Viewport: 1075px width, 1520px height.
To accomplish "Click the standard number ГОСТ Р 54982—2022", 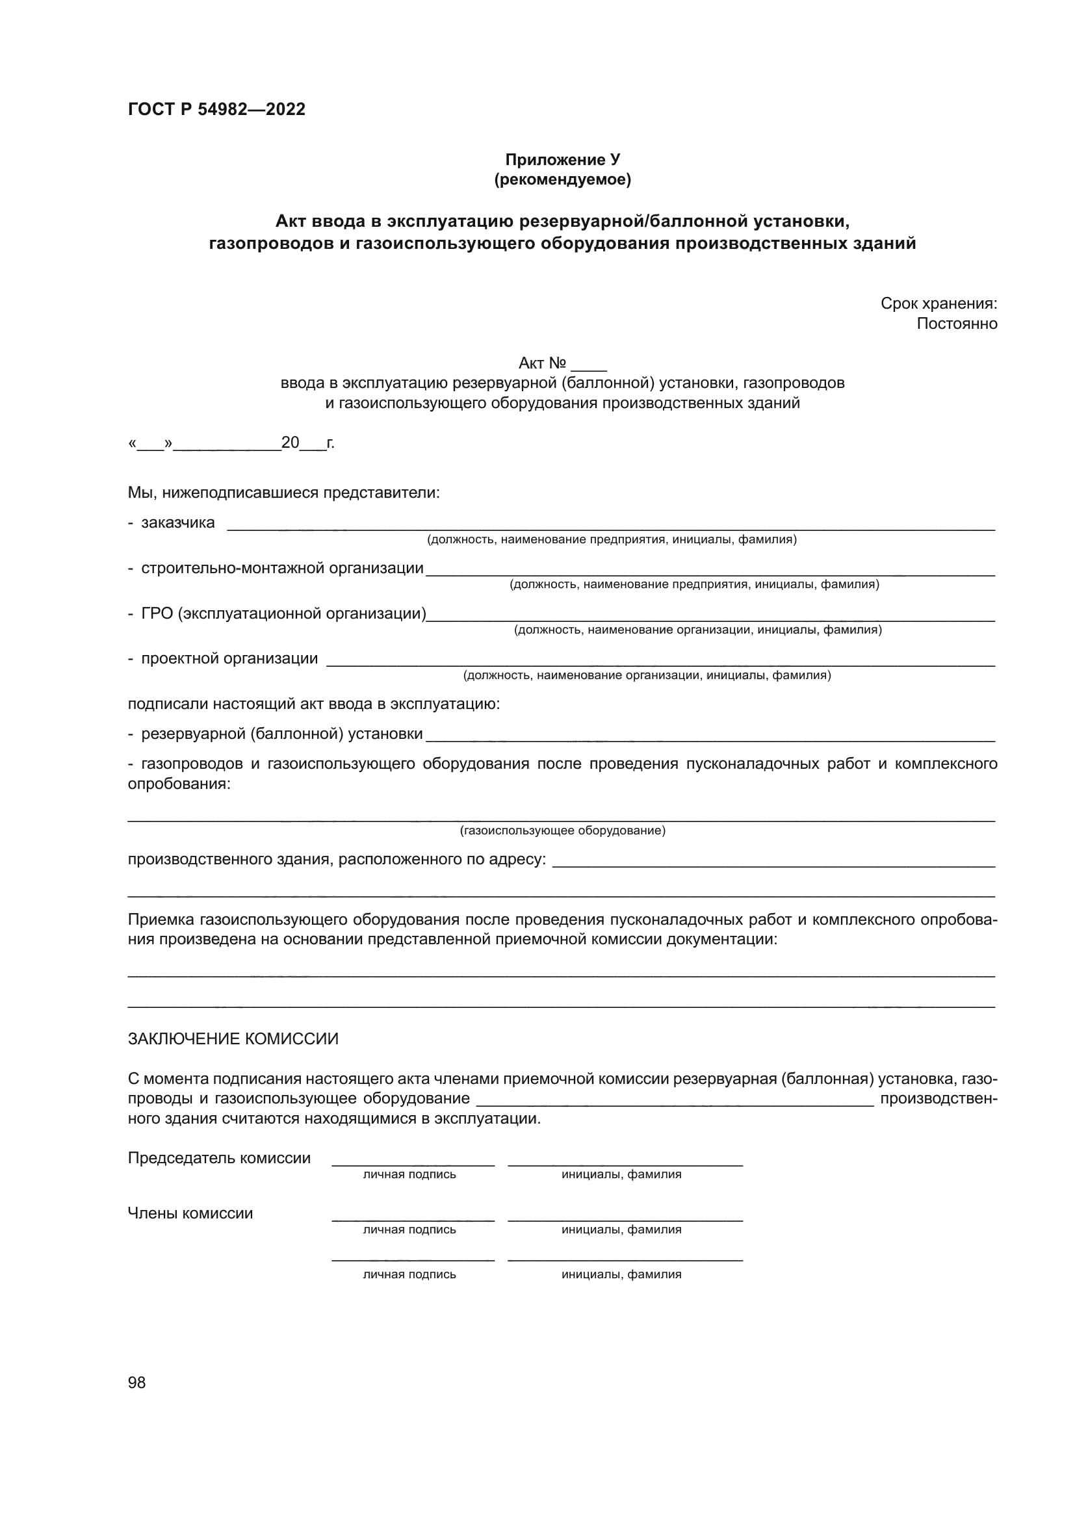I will coord(216,109).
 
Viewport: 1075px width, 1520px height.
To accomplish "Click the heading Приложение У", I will coord(563,160).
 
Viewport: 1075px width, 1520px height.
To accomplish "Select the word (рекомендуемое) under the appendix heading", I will coord(563,179).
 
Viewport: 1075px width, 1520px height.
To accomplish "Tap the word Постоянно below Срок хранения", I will coord(957,324).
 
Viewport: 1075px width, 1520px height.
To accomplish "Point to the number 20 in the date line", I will coord(290,443).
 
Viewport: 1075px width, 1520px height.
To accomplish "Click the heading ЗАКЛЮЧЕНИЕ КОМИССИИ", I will coord(233,1039).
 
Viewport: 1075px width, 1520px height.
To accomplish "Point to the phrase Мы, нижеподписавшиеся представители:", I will coord(284,493).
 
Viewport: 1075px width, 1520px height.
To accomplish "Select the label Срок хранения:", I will coord(938,304).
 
